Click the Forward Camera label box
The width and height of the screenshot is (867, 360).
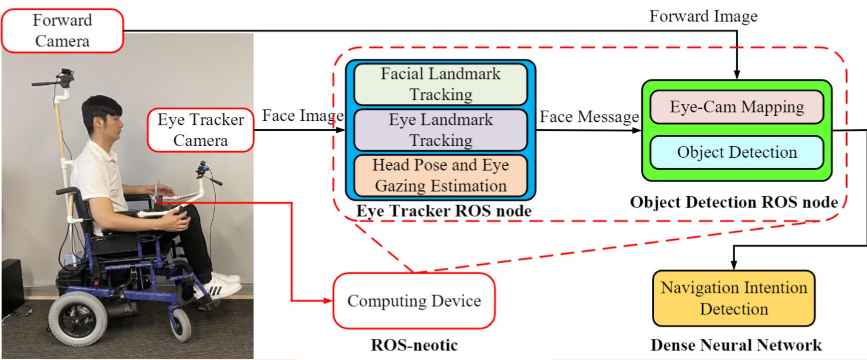[62, 31]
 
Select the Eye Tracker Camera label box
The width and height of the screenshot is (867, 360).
[201, 130]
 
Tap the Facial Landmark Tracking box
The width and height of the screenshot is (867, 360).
[441, 84]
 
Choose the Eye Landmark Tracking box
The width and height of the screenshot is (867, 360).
[441, 130]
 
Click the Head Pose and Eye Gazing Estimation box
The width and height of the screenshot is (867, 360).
[441, 176]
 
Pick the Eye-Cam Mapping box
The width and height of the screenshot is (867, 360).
[737, 107]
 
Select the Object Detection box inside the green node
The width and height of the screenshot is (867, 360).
[737, 152]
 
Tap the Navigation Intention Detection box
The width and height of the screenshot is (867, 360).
[734, 298]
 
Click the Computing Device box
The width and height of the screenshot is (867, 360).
[414, 301]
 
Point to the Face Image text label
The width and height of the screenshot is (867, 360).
[302, 116]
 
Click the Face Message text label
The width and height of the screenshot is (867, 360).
[589, 116]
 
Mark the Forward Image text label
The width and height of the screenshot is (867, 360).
[703, 17]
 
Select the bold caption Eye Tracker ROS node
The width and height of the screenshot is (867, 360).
[443, 211]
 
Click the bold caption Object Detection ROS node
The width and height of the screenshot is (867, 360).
[734, 202]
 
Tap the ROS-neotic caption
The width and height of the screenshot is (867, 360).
[414, 345]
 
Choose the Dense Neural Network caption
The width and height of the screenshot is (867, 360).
[736, 345]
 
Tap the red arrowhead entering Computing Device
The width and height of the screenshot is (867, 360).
[328, 301]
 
